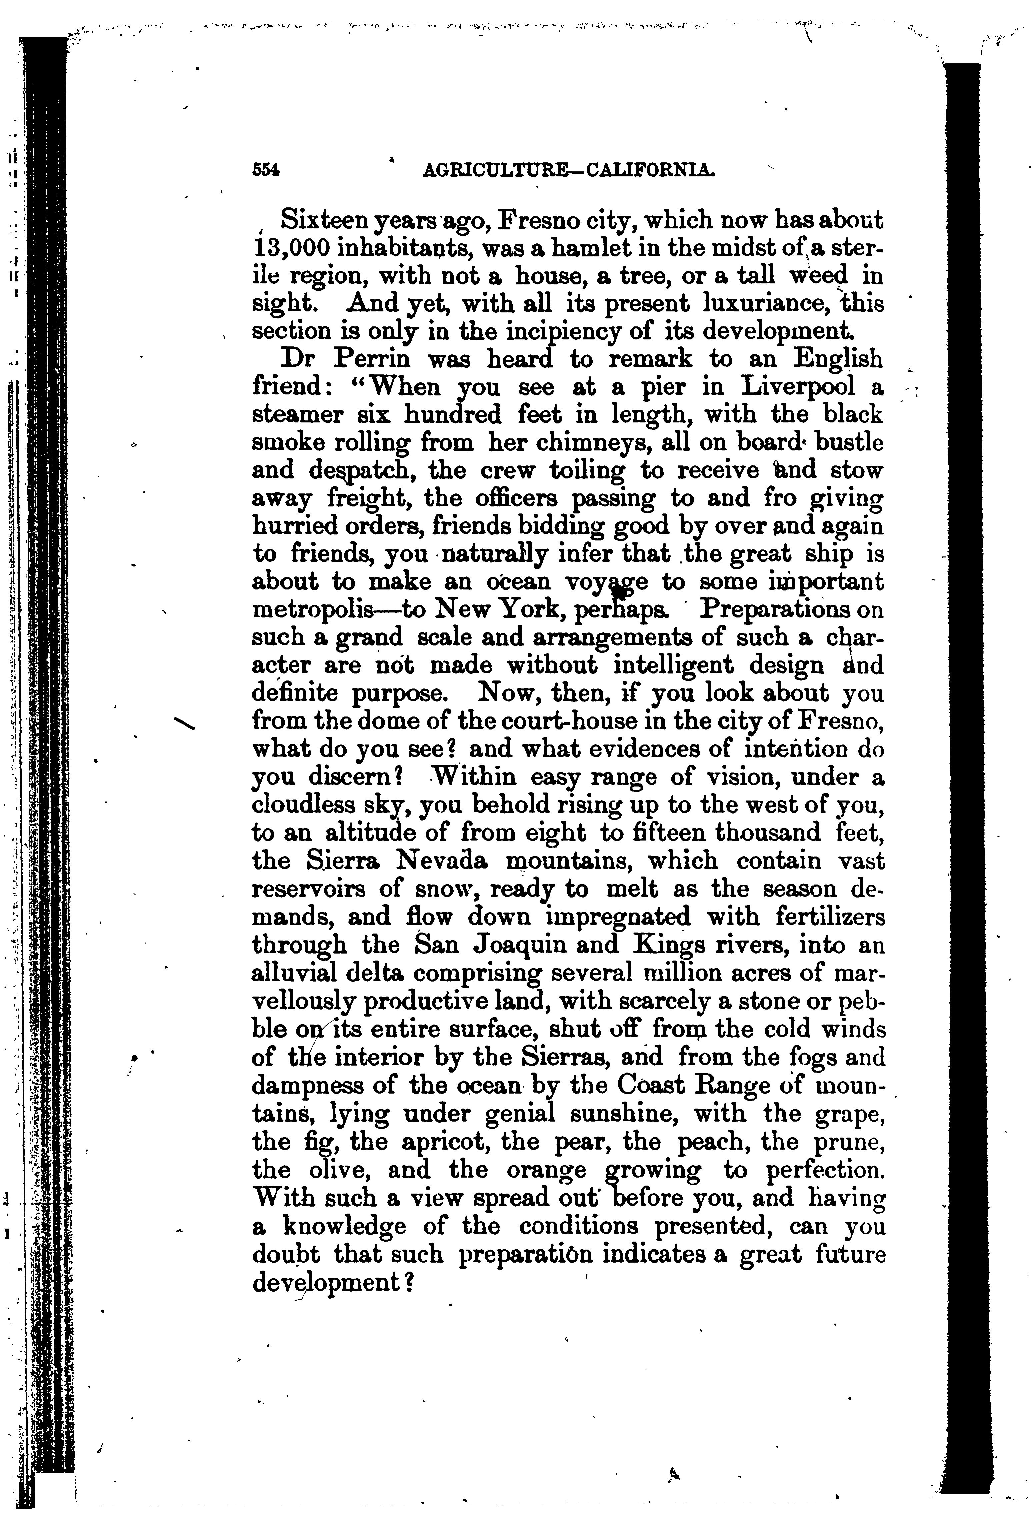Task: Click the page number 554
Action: (x=266, y=169)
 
